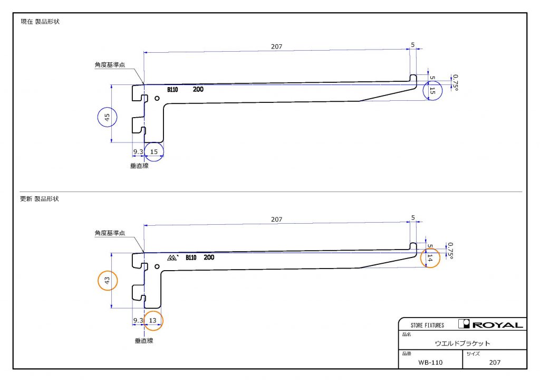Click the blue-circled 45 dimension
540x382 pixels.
click(x=107, y=118)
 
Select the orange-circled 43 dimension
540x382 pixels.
click(x=107, y=280)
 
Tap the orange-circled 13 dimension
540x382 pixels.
click(x=152, y=320)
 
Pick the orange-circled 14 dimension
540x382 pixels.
click(x=430, y=257)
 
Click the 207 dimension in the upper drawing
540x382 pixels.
click(x=276, y=46)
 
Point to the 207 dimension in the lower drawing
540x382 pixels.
click(x=276, y=219)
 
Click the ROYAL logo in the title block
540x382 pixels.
click(x=490, y=324)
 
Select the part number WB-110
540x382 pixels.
click(x=430, y=362)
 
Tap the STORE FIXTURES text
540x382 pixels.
click(x=427, y=325)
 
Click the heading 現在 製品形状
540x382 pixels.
click(x=40, y=21)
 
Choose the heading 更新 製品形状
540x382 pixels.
click(x=40, y=199)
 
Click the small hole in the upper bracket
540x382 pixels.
click(x=157, y=99)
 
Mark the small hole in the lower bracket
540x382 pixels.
click(x=157, y=266)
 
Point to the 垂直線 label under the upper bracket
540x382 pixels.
click(x=139, y=166)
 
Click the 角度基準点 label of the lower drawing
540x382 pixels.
click(x=110, y=233)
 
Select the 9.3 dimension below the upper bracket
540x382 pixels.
click(x=138, y=151)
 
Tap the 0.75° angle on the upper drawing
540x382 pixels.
click(x=455, y=83)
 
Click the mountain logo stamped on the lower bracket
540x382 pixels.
click(x=172, y=257)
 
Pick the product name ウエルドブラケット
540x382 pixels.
click(x=462, y=343)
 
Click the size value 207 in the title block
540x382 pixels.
click(x=495, y=362)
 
